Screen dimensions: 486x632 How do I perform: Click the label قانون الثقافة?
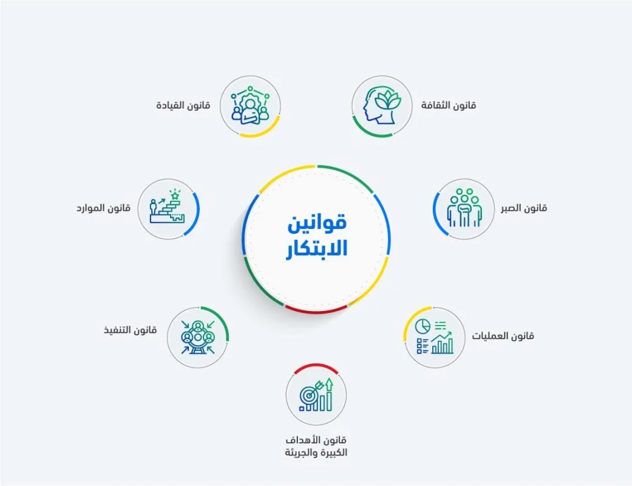449,105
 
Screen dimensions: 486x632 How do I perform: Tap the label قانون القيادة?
182,105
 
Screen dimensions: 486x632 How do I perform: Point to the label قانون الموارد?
103,208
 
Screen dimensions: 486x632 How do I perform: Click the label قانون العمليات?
503,335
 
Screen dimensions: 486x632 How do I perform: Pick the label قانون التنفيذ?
130,330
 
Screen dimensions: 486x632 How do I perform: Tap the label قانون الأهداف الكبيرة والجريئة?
316,446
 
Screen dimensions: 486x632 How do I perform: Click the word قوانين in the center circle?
316,222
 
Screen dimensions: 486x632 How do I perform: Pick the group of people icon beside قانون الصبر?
464,208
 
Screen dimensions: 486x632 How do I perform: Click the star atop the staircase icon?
175,194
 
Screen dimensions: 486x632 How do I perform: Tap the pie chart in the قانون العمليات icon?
422,326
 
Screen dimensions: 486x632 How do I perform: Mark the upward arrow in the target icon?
330,386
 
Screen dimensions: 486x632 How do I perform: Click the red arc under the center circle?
316,310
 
